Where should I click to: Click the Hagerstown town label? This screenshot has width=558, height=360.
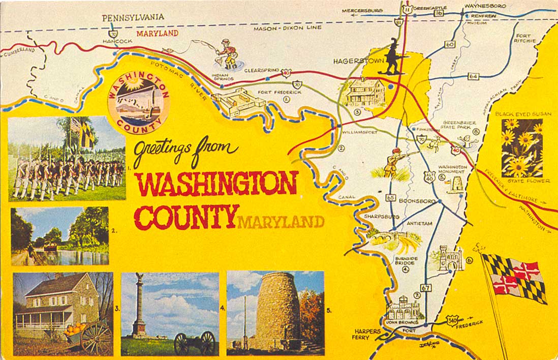click(355, 61)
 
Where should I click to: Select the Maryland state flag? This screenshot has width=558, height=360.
click(514, 278)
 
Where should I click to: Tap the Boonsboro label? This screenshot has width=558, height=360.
click(417, 201)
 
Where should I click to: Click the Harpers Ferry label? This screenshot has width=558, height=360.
click(367, 334)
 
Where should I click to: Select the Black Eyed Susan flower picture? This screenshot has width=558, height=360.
click(522, 147)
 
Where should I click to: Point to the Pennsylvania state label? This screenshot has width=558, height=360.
click(133, 17)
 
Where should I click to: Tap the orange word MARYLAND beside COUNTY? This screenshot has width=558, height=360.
click(281, 222)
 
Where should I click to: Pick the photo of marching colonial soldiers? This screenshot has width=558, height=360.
click(67, 158)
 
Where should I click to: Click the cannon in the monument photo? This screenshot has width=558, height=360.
click(195, 343)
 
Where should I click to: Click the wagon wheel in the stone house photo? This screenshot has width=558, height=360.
click(96, 338)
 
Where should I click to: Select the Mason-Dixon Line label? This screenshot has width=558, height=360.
click(288, 27)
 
